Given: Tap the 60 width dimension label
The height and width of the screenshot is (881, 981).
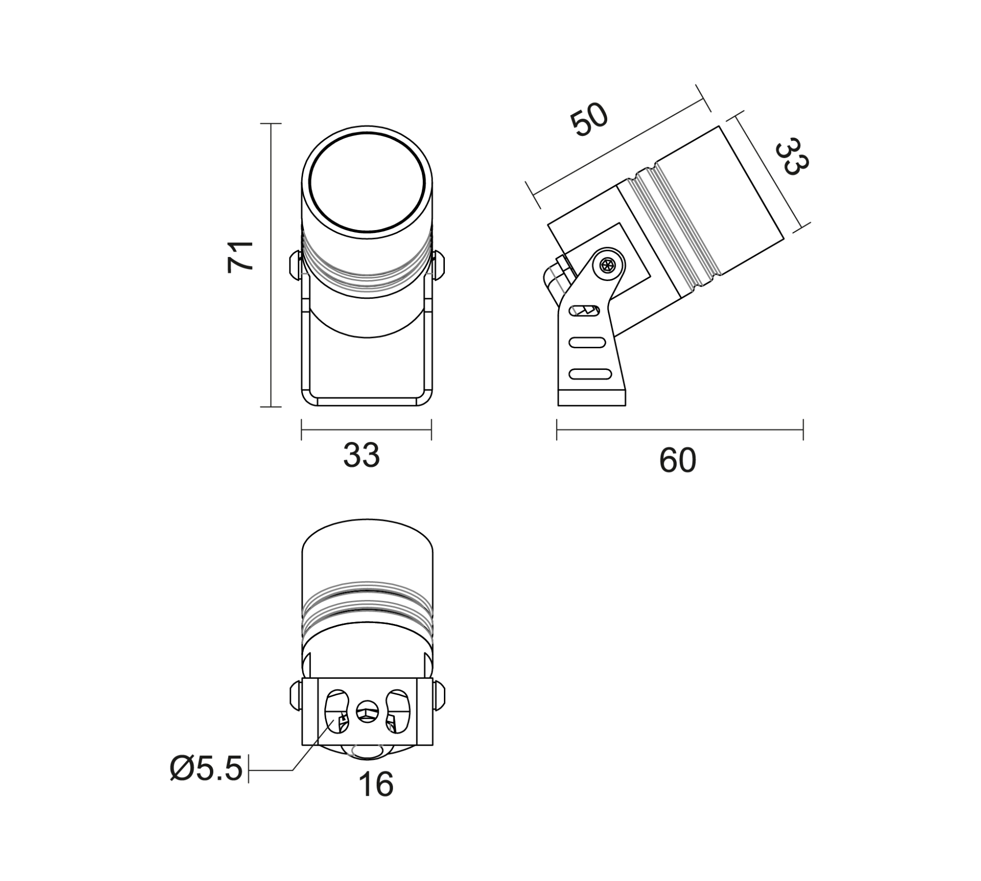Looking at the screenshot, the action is (677, 461).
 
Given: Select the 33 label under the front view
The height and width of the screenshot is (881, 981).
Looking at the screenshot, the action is (361, 455).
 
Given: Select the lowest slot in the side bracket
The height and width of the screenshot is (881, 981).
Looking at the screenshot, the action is (590, 374).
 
